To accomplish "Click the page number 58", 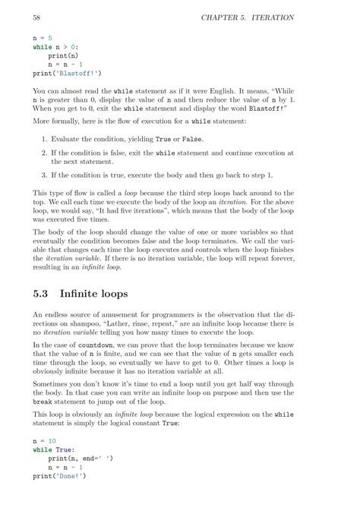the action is (x=36, y=17).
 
